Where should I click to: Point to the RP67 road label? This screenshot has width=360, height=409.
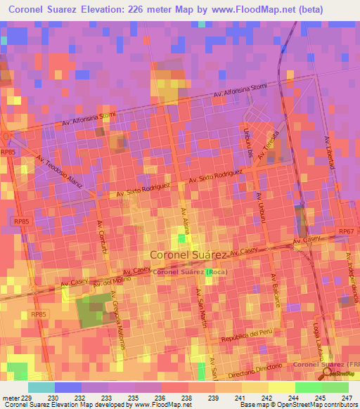(345, 231)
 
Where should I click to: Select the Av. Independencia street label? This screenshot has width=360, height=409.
(352, 277)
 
